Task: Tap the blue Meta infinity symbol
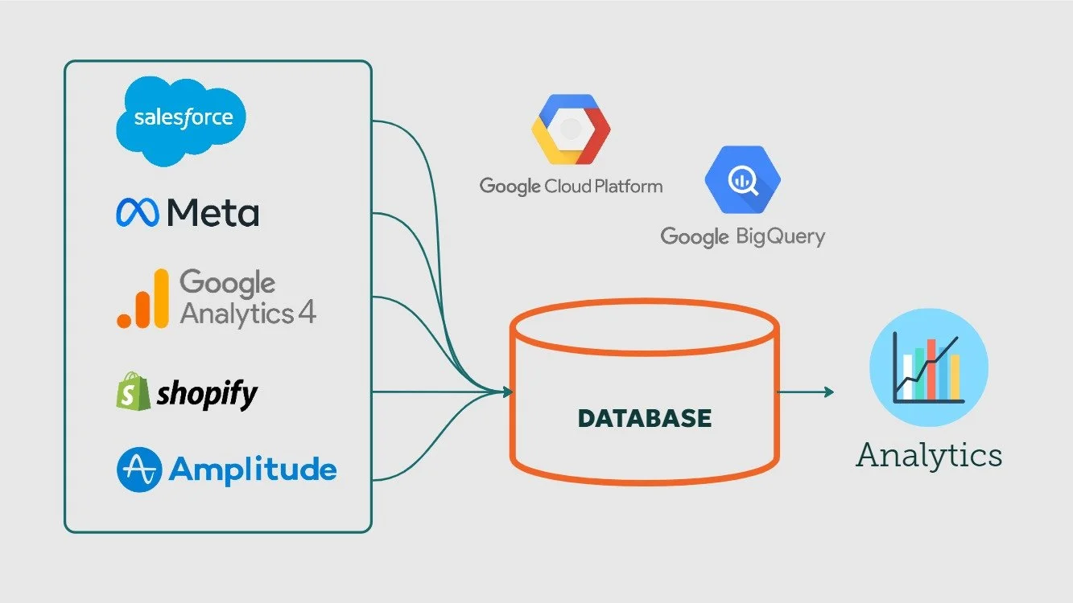pos(138,212)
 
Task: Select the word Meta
pos(213,213)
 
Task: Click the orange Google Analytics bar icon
pos(142,299)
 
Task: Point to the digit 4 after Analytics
pos(307,313)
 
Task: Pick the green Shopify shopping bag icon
pos(133,391)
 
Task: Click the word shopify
pos(207,394)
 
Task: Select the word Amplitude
pos(252,470)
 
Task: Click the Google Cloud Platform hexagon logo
pos(571,129)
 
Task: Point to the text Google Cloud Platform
pos(571,187)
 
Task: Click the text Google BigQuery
pos(742,236)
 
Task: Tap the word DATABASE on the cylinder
pos(645,418)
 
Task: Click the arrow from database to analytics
pos(806,392)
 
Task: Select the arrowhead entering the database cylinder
pos(506,392)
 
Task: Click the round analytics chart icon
pos(928,367)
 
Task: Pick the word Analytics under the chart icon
pos(928,455)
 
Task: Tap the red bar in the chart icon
pos(931,369)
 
